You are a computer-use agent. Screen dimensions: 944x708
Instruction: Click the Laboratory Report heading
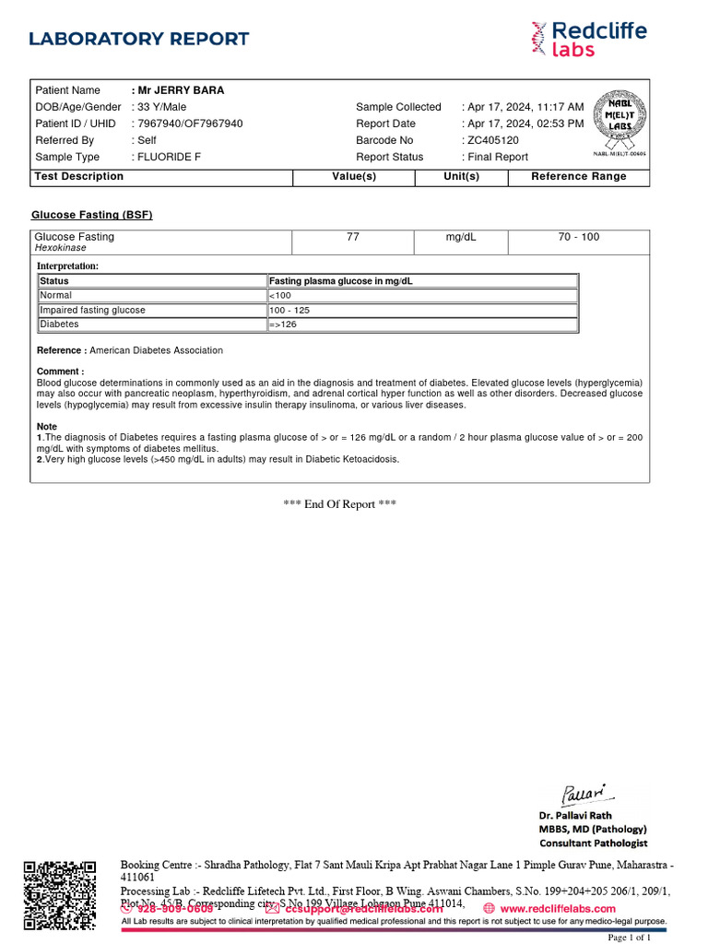[x=139, y=39]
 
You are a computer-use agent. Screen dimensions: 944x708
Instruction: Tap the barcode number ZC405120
[x=493, y=140]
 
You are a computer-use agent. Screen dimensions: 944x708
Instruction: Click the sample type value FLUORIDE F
[x=169, y=157]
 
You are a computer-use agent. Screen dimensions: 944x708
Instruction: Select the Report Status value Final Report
[x=498, y=157]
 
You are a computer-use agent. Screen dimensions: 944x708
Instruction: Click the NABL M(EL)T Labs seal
[x=619, y=124]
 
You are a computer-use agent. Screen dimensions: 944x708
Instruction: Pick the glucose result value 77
[x=353, y=237]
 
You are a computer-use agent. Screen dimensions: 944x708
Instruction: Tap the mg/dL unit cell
[x=461, y=237]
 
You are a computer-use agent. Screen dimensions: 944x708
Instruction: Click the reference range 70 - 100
[x=578, y=237]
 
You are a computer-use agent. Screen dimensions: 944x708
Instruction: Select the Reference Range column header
[x=578, y=176]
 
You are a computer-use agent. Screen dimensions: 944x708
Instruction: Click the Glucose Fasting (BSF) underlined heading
[x=92, y=215]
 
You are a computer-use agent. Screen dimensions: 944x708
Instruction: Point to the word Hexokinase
[x=61, y=248]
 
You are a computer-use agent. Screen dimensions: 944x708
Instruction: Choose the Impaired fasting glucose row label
[x=93, y=311]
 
